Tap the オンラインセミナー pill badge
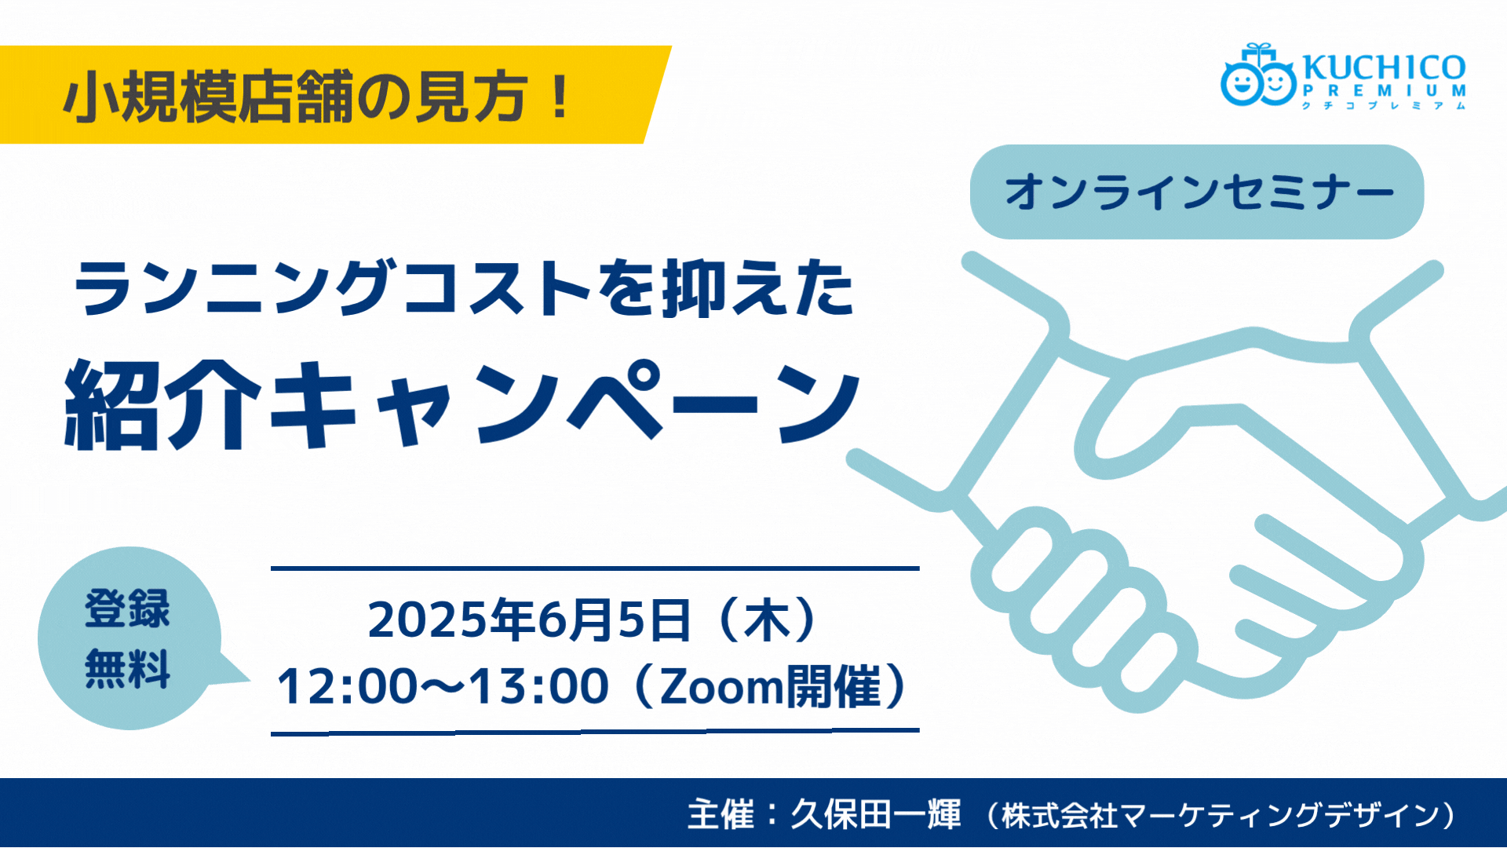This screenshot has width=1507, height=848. click(x=1197, y=192)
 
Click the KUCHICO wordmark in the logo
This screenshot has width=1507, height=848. click(x=1384, y=68)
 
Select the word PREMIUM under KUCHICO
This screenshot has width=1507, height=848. click(x=1384, y=91)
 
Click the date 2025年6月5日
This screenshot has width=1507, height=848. click(x=529, y=620)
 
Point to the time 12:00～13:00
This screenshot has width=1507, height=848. click(x=443, y=685)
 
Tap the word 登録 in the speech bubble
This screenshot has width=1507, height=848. click(x=127, y=608)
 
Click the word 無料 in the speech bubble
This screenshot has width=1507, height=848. click(x=127, y=669)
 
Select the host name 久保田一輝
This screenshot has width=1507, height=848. click(x=876, y=814)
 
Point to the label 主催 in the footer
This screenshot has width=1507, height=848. click(x=721, y=814)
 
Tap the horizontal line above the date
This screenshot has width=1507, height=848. click(x=595, y=568)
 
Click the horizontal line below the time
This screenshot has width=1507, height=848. click(x=595, y=731)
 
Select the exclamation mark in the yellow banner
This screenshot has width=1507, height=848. click(x=560, y=97)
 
